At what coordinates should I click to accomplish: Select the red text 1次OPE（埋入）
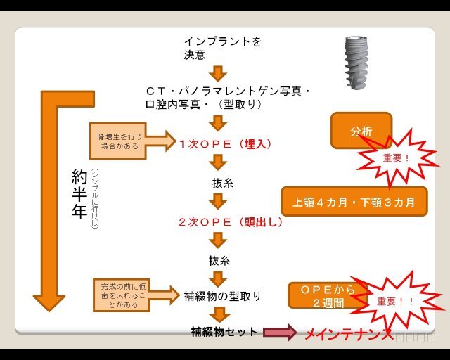click(x=225, y=143)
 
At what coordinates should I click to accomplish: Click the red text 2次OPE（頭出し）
click(x=230, y=221)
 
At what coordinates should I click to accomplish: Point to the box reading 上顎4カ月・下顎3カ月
click(x=354, y=202)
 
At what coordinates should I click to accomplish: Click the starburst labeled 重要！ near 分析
click(x=398, y=158)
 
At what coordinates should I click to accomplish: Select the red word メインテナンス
click(x=348, y=334)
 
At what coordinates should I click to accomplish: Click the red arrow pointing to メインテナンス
click(x=280, y=333)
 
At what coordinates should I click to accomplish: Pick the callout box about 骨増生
click(x=118, y=140)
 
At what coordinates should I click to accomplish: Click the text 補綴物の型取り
click(x=222, y=296)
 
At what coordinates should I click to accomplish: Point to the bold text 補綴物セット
click(x=224, y=331)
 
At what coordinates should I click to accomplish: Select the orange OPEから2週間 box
click(x=325, y=296)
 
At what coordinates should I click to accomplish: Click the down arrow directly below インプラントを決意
click(x=219, y=72)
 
